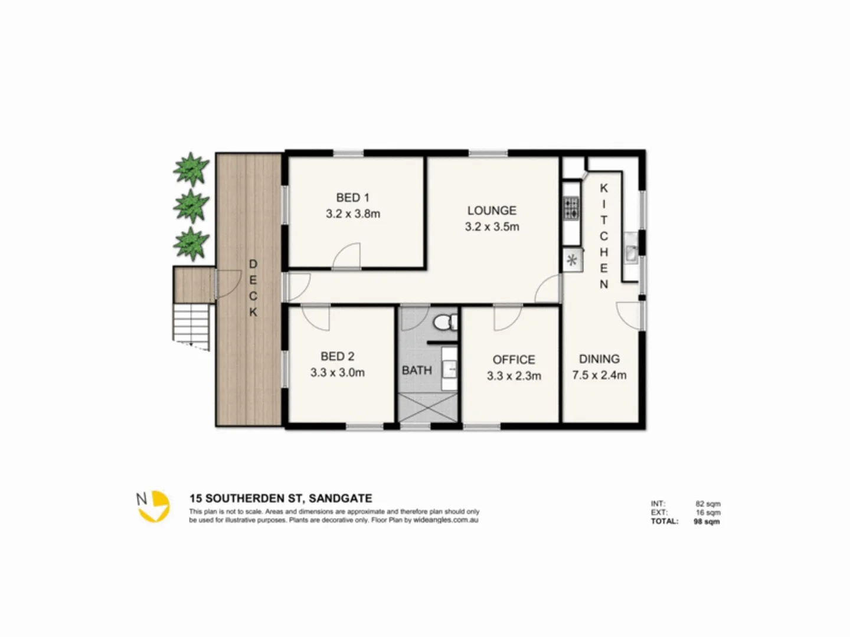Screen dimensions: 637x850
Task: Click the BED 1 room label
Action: pos(352,198)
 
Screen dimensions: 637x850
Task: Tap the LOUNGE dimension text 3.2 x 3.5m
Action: pos(492,226)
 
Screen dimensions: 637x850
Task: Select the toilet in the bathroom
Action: pos(444,322)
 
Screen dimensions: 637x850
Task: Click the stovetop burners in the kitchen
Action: pos(571,208)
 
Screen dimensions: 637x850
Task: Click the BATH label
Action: pos(417,370)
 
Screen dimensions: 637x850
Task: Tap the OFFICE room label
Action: pos(514,360)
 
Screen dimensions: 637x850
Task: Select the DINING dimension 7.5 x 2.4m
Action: pos(599,375)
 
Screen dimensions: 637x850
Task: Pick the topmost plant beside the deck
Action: pos(191,169)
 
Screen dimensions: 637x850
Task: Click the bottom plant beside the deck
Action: pos(191,244)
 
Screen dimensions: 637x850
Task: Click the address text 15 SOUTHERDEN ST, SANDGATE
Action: pos(280,498)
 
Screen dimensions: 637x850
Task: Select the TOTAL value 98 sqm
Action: pos(707,521)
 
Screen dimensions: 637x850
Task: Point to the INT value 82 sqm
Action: pos(708,504)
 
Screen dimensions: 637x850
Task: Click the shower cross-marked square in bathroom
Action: pos(429,407)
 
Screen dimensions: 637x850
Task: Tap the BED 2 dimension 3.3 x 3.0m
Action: pos(337,373)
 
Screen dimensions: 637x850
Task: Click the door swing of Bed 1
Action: pos(347,257)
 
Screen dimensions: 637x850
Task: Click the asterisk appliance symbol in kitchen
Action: pos(572,260)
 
